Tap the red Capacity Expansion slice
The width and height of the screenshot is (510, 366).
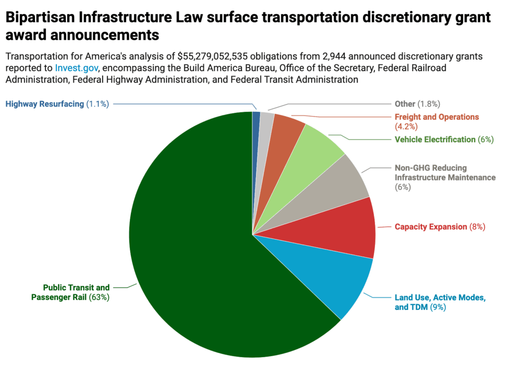[x=349, y=229]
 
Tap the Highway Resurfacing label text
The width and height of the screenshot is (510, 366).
[x=45, y=104]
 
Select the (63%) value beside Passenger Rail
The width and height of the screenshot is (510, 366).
[x=99, y=297]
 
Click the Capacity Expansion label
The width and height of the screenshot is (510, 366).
[x=431, y=227]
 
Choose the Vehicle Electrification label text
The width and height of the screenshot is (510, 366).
[x=435, y=139]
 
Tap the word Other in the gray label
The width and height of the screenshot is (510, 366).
[x=405, y=104]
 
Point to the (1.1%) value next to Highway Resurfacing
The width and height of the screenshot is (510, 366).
[x=98, y=104]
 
